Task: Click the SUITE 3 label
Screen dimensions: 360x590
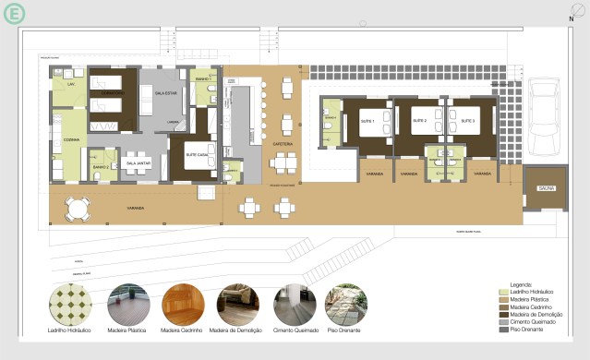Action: pyautogui.click(x=468, y=121)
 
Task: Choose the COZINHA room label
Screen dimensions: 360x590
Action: pyautogui.click(x=70, y=140)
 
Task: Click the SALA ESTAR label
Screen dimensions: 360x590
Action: pyautogui.click(x=165, y=93)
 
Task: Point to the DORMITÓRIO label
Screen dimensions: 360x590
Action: pyautogui.click(x=113, y=93)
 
